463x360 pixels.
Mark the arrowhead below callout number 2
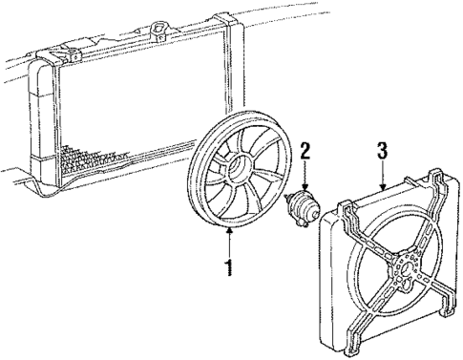(x=305, y=188)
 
